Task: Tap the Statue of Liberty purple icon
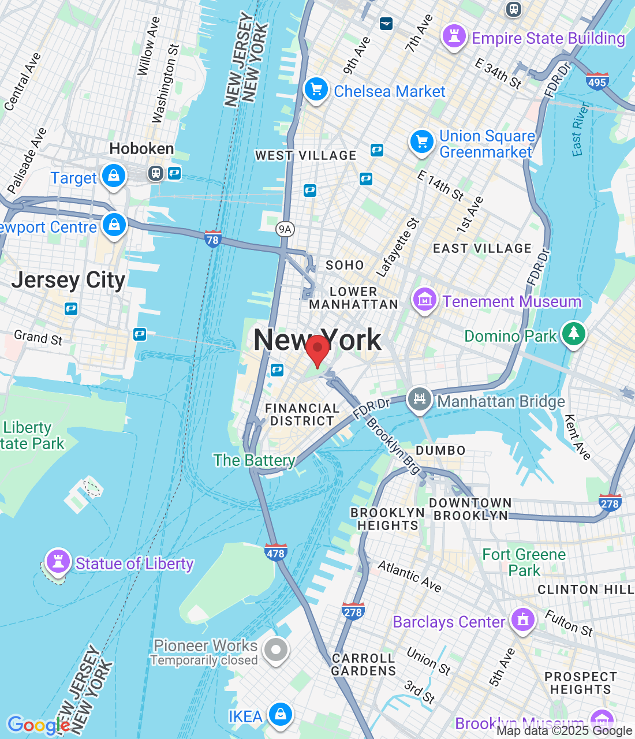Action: pos(58,561)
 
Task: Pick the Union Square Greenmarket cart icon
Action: pos(422,141)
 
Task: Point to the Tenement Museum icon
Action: pos(424,300)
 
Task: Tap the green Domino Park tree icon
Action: pos(573,334)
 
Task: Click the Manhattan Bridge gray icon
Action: pos(420,399)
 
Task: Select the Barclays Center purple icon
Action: pos(523,620)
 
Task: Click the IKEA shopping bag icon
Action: pos(280,714)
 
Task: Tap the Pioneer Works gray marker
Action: pos(275,650)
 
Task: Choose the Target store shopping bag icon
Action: pos(114,176)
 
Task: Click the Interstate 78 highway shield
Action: pos(213,239)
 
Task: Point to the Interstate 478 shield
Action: pos(275,553)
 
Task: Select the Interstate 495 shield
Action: pos(597,81)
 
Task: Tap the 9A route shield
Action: pos(285,229)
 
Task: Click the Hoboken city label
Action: pos(141,149)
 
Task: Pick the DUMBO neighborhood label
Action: pos(440,450)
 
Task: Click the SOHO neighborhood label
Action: pos(345,265)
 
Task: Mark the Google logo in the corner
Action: pos(38,725)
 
